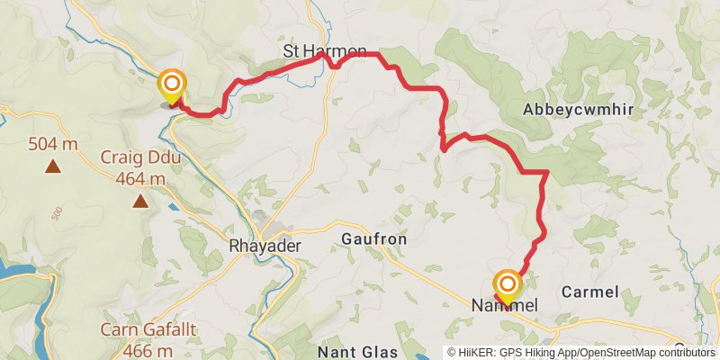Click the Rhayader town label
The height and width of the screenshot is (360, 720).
[x=265, y=245]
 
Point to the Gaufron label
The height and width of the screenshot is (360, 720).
[x=374, y=240]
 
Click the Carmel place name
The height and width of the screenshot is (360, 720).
[x=589, y=292]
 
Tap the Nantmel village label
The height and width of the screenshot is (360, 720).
[x=505, y=307]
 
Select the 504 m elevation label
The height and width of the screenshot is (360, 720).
[x=53, y=144]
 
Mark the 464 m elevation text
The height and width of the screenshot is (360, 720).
[x=140, y=178]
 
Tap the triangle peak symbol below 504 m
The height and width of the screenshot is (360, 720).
[x=54, y=166]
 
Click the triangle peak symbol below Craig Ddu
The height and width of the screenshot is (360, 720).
[x=140, y=200]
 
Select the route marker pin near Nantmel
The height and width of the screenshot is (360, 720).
[x=507, y=287]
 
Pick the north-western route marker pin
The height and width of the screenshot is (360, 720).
[x=171, y=86]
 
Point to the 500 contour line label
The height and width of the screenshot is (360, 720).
[x=58, y=213]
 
